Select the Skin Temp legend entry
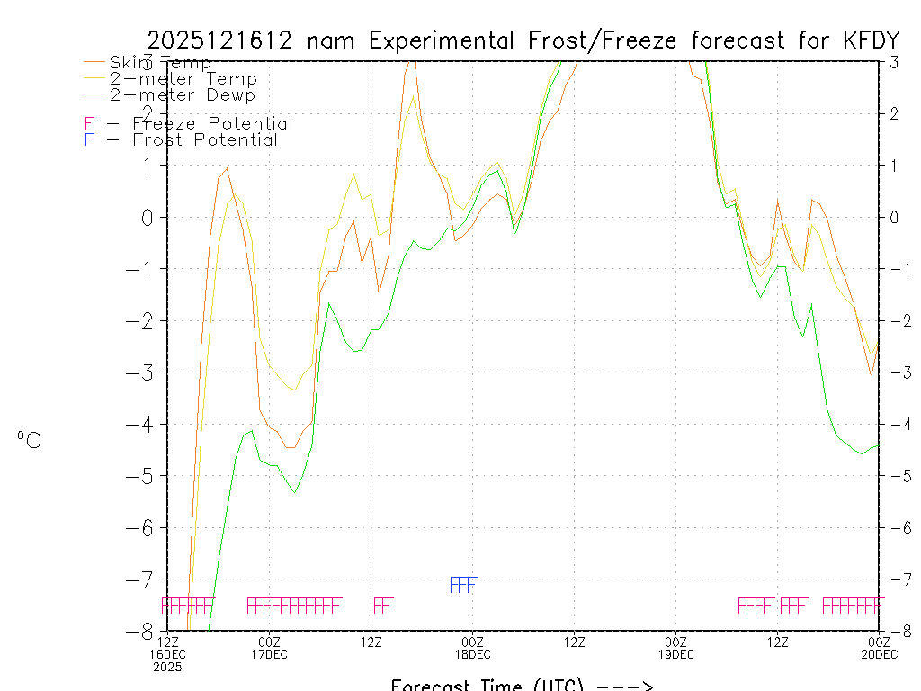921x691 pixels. [160, 63]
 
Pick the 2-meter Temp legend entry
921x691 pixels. [183, 79]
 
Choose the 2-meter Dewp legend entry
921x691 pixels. [182, 95]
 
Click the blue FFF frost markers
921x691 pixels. [463, 586]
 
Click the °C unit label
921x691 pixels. [29, 440]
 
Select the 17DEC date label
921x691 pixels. [269, 654]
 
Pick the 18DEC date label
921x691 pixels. [472, 654]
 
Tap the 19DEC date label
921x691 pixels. [675, 654]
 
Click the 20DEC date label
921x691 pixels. [878, 654]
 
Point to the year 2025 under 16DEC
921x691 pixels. [167, 668]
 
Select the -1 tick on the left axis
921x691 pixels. [147, 268]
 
